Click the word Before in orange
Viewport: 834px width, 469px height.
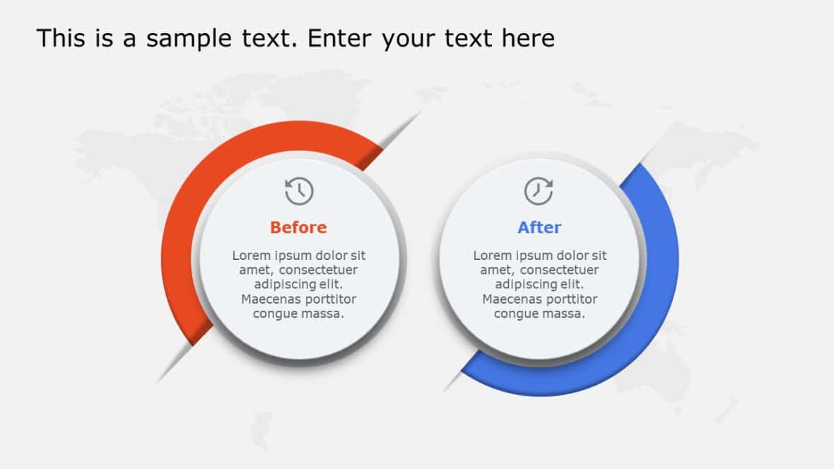pyautogui.click(x=298, y=227)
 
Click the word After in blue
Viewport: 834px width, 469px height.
pyautogui.click(x=539, y=227)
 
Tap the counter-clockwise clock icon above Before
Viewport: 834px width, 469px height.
pyautogui.click(x=299, y=191)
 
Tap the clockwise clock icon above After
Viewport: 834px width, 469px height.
pyautogui.click(x=539, y=191)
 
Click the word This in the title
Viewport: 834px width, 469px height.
pyautogui.click(x=60, y=38)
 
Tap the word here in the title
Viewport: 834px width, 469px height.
pyautogui.click(x=528, y=38)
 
